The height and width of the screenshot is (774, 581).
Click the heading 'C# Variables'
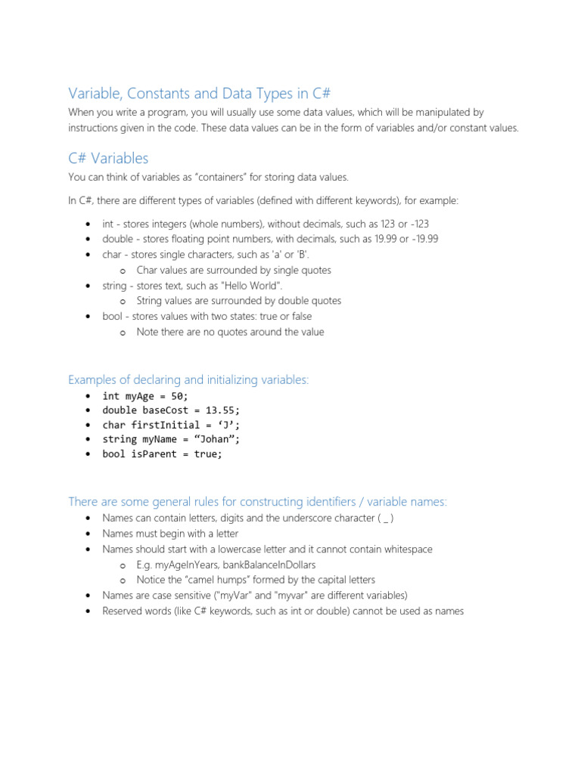tap(108, 159)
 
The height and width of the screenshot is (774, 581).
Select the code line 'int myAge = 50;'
tap(145, 396)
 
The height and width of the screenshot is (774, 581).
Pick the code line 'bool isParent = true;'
tap(163, 454)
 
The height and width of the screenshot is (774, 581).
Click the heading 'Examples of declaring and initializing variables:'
tap(188, 379)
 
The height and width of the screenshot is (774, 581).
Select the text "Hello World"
tap(250, 286)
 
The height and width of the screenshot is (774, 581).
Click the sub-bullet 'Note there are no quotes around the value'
tap(230, 332)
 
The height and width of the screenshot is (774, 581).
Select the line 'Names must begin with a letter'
tap(170, 534)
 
